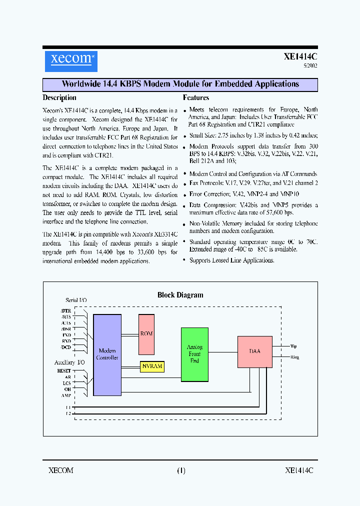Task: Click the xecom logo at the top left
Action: (70, 58)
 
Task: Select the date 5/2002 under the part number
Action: (310, 65)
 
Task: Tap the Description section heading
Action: (59, 98)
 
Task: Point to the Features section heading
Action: (196, 98)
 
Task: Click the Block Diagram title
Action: (180, 295)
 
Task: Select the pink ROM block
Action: (146, 334)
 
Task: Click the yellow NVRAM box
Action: (152, 366)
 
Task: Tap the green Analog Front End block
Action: (194, 354)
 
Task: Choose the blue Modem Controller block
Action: (107, 354)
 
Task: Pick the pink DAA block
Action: (254, 351)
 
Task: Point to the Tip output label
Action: (293, 345)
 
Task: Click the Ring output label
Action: (294, 357)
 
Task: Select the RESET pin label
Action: (64, 371)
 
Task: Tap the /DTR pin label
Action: (65, 311)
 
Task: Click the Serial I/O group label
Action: (76, 300)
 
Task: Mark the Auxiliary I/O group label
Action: (70, 362)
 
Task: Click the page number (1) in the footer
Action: (180, 470)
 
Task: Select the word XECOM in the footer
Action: (61, 470)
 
